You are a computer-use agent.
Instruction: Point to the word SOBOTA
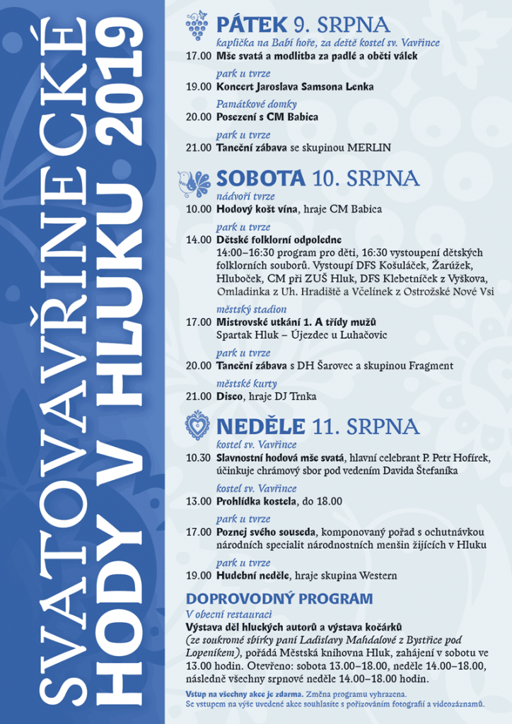coord(261,177)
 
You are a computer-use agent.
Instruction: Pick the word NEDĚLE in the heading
coord(261,426)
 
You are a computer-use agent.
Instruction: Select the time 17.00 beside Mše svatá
coord(198,56)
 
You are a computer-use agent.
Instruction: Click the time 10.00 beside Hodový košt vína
coord(198,209)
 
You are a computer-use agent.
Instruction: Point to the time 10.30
coord(198,457)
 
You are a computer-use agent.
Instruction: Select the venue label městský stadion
coord(251,309)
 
